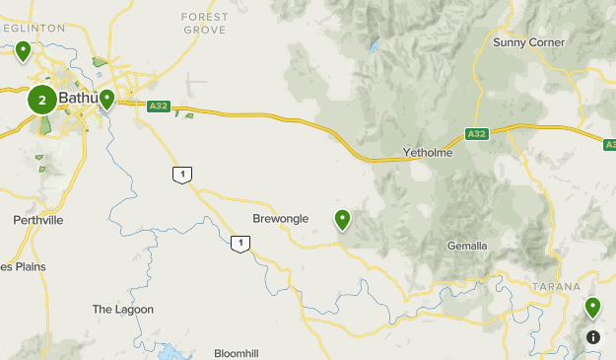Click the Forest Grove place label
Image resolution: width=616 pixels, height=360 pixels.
205,23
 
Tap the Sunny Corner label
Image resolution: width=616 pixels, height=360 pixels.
529,42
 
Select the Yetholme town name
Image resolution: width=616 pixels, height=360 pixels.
427,153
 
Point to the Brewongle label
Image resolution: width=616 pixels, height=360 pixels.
281,218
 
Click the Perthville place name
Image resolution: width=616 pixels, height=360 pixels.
38,220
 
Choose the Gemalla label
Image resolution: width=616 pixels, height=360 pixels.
467,246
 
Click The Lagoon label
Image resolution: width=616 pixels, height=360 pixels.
123,309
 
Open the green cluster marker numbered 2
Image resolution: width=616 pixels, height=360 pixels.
41,99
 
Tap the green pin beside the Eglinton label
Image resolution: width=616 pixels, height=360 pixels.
23,49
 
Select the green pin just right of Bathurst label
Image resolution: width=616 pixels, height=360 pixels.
106,99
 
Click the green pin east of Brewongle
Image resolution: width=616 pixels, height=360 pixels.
343,218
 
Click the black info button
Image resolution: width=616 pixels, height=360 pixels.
592,336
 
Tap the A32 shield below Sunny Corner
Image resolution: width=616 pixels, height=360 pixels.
477,134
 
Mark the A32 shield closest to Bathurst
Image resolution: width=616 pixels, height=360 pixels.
159,106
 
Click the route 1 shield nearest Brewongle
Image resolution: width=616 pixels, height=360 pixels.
240,243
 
